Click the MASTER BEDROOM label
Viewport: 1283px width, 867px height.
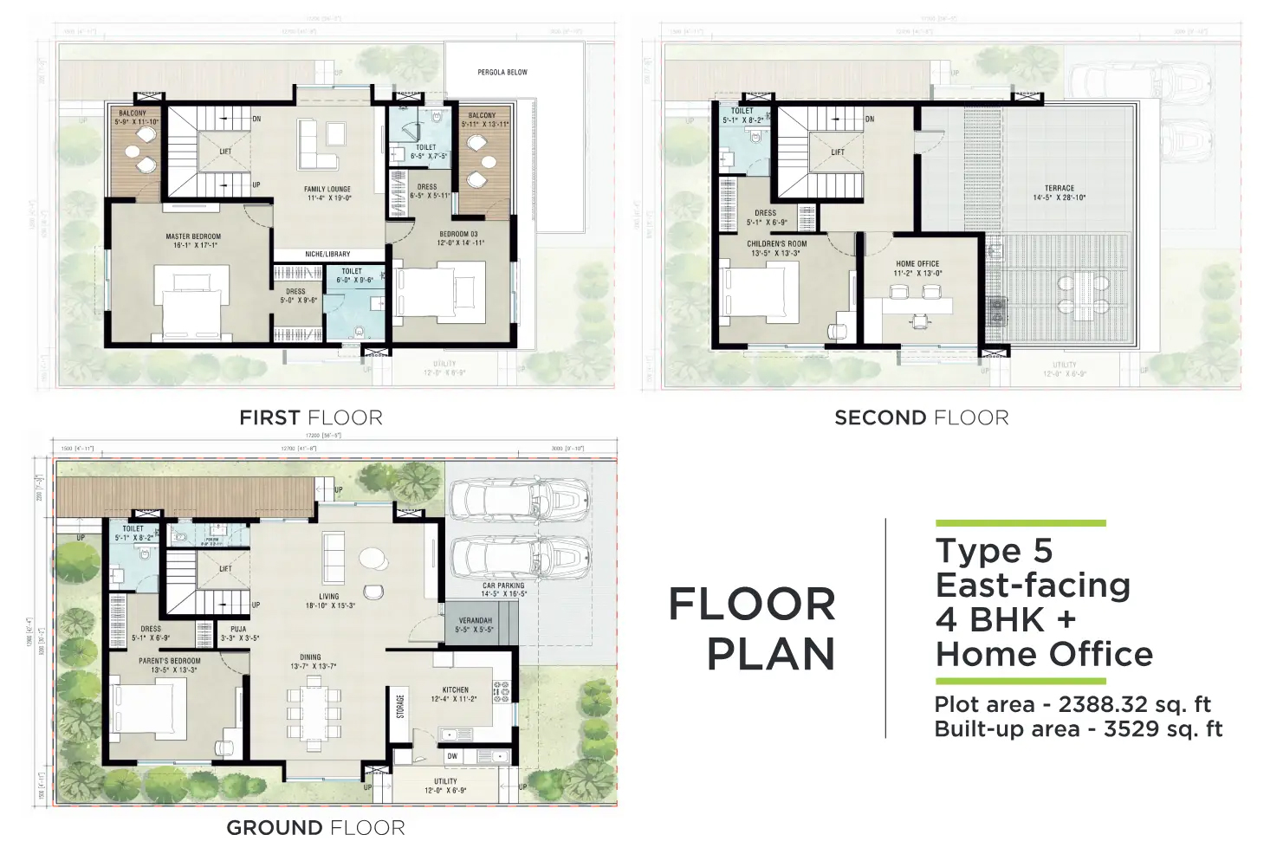193,236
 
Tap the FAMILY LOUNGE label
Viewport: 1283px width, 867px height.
327,189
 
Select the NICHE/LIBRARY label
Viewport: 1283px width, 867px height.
327,254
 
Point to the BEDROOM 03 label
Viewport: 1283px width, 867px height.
458,234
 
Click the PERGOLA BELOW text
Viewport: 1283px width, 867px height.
502,73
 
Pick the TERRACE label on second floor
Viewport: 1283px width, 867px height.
1059,188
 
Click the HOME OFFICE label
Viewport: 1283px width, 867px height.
917,263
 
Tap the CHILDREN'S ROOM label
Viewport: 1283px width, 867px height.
777,244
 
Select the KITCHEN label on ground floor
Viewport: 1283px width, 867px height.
455,690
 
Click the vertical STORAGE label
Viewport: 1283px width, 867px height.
400,707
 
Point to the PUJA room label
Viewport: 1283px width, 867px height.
238,630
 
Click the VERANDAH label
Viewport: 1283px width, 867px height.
475,620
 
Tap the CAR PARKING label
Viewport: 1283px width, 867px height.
503,586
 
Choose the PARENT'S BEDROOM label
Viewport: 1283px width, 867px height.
169,661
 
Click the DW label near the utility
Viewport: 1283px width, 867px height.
452,756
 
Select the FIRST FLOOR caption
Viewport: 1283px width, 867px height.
311,418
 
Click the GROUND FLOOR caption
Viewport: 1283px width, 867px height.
315,828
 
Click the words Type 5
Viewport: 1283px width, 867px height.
994,551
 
